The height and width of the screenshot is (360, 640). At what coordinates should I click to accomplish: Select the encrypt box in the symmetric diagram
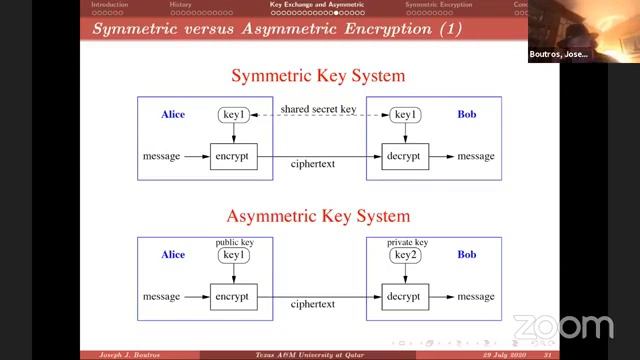(233, 157)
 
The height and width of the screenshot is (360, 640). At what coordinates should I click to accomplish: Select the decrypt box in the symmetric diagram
(405, 157)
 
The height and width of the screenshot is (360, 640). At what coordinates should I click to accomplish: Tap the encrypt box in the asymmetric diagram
(233, 297)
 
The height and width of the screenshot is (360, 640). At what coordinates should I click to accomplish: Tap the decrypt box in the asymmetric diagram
(405, 297)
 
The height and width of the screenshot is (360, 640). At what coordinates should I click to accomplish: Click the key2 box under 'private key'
(405, 256)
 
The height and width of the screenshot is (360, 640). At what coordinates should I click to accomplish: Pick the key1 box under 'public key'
(233, 256)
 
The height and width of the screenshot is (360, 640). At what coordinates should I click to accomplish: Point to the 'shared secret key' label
(318, 110)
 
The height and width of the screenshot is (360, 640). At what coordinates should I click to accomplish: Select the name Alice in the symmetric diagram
(173, 115)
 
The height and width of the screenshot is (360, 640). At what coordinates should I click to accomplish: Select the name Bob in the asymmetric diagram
(467, 255)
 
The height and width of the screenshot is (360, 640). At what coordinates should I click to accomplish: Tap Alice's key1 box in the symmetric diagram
(233, 116)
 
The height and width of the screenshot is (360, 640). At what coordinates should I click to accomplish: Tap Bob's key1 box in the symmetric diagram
(405, 116)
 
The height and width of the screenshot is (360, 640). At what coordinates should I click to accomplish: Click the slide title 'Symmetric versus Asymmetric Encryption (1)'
(277, 29)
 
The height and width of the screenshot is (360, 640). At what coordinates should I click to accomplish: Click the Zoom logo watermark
(562, 327)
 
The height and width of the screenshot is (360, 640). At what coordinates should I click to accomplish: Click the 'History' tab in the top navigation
(181, 5)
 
